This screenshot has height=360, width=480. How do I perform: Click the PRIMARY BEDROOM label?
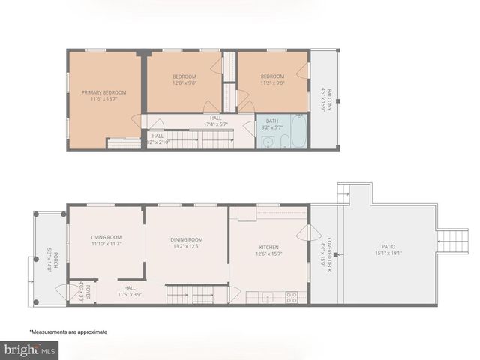[103, 92]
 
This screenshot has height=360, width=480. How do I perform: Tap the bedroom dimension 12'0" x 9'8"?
[184, 83]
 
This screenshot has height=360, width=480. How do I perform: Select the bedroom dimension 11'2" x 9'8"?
[272, 83]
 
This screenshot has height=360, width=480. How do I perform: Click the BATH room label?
[271, 121]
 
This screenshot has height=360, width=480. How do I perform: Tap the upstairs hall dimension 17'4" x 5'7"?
[215, 124]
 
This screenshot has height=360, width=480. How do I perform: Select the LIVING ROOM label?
[106, 237]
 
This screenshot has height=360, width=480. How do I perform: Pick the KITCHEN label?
[269, 247]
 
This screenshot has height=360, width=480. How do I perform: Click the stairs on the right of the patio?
[452, 242]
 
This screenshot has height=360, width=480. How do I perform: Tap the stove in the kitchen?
[291, 297]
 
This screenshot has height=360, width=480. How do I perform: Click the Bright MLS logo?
[30, 349]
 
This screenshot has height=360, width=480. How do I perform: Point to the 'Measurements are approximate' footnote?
[68, 331]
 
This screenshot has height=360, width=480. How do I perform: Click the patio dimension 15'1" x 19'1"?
[388, 253]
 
